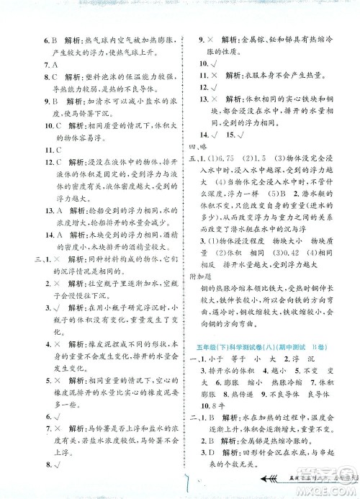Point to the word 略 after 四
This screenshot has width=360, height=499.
[x=213, y=152]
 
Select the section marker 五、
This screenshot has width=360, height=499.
[x=200, y=166]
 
